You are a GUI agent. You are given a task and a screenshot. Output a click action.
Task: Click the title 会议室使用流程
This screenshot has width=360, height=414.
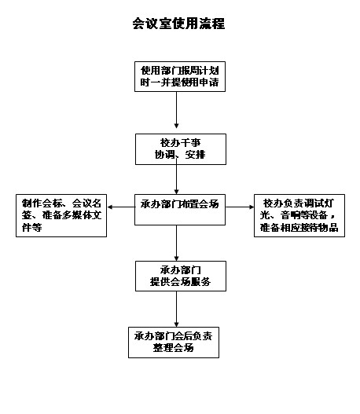(x=178, y=24)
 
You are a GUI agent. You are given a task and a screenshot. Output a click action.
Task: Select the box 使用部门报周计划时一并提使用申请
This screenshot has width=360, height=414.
(x=180, y=76)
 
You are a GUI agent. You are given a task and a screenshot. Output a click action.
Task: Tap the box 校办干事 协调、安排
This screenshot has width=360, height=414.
(x=181, y=149)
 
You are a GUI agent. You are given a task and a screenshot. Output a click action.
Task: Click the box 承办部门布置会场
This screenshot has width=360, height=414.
(x=180, y=210)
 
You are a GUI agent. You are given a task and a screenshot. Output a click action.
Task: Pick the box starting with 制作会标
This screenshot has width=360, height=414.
(x=61, y=215)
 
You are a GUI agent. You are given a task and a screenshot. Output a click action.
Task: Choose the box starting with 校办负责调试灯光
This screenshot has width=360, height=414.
(x=299, y=215)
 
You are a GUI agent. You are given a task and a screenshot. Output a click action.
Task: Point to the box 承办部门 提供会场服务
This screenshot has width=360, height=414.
(x=181, y=276)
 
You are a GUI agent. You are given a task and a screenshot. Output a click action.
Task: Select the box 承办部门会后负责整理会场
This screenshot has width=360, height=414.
(x=174, y=343)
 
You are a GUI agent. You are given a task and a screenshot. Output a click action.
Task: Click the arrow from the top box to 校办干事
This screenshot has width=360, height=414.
(x=176, y=110)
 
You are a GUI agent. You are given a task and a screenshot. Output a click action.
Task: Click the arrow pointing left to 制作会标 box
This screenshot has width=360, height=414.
(x=121, y=207)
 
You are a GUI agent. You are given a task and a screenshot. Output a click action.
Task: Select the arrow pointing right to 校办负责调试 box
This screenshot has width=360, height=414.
(x=240, y=207)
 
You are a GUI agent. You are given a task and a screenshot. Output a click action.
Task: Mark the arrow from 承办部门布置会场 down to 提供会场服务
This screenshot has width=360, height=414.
(x=176, y=243)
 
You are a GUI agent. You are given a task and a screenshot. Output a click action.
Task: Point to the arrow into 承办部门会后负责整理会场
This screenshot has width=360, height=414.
(x=176, y=309)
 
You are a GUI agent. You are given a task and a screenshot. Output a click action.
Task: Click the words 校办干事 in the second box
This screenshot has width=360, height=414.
(x=181, y=143)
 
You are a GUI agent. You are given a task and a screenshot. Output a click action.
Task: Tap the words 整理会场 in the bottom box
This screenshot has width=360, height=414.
(x=173, y=348)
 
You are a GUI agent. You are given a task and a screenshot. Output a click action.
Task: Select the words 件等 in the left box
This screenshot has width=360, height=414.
(x=31, y=227)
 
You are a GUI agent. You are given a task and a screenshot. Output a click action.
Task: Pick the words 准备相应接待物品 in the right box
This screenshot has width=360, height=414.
(x=299, y=227)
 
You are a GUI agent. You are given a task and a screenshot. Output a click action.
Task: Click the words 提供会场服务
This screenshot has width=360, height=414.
(x=181, y=282)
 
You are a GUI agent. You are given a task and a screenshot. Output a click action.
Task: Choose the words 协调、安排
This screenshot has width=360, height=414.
(x=180, y=155)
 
